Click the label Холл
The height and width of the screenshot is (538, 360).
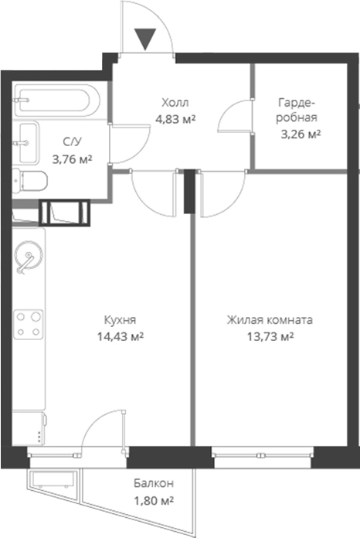(175, 102)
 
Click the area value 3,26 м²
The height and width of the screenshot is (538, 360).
(301, 134)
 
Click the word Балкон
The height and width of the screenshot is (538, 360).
(152, 483)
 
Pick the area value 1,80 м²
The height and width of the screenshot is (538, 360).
(152, 500)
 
